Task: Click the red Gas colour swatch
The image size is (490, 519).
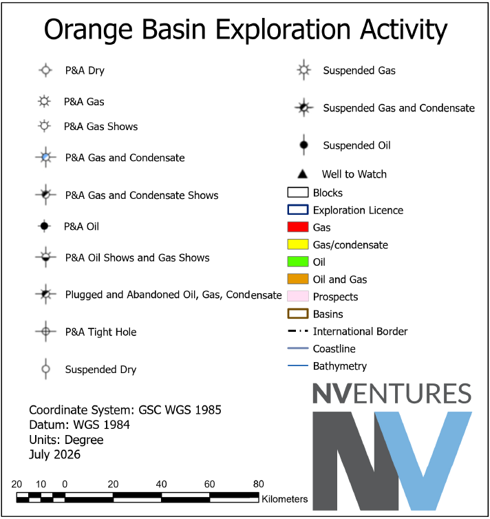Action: point(298,227)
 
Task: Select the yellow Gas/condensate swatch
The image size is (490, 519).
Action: point(298,244)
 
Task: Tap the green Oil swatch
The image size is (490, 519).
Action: point(298,262)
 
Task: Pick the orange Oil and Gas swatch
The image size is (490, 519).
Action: point(298,279)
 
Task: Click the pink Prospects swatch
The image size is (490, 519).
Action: point(298,296)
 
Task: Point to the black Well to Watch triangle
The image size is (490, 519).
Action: point(302,173)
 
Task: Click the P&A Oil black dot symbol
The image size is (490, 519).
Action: point(44,226)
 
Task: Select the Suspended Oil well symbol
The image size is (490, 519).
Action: point(303,145)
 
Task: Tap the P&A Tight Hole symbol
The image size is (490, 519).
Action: point(45,331)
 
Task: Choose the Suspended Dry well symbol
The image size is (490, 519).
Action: point(45,369)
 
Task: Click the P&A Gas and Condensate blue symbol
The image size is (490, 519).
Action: point(45,157)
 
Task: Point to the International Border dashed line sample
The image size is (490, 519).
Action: point(298,331)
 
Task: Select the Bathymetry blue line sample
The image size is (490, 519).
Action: point(298,366)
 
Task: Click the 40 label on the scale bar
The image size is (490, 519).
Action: point(161,485)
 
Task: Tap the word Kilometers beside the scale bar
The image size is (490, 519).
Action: point(284,499)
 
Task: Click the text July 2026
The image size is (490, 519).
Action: point(54,454)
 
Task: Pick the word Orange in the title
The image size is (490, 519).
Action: point(88,30)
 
